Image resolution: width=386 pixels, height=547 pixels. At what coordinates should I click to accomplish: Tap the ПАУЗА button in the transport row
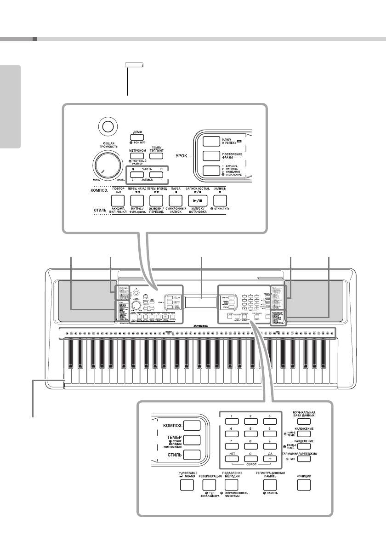point(176,200)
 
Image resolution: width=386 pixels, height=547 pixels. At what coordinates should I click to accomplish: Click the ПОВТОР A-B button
point(118,200)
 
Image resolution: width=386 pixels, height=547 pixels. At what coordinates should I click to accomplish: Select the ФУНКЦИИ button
point(303,484)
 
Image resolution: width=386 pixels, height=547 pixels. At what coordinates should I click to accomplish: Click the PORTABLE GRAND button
point(187,484)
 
